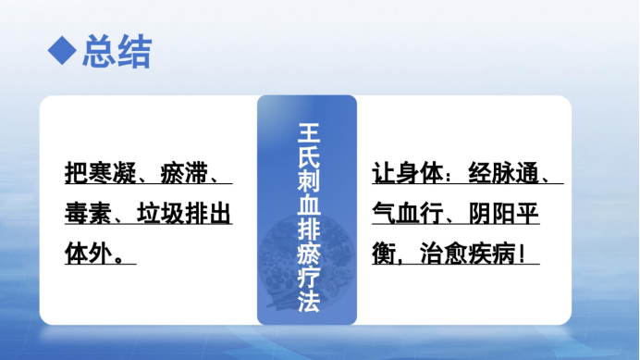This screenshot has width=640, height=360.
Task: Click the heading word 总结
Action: pyautogui.click(x=117, y=50)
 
